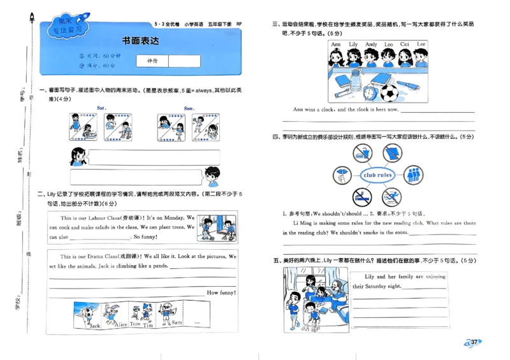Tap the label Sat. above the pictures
tap(101, 108)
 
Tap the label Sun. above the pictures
tap(189, 108)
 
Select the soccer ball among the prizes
tap(389, 94)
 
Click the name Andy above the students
tap(371, 45)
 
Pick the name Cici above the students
tap(404, 45)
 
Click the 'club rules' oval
tap(377, 175)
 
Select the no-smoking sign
tap(361, 197)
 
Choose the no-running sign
tap(391, 197)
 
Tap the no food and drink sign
tap(361, 153)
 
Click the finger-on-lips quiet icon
tap(342, 175)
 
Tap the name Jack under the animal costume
tap(95, 326)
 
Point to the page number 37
tap(474, 342)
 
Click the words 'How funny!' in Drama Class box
tap(221, 292)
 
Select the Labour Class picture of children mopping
tap(217, 227)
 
